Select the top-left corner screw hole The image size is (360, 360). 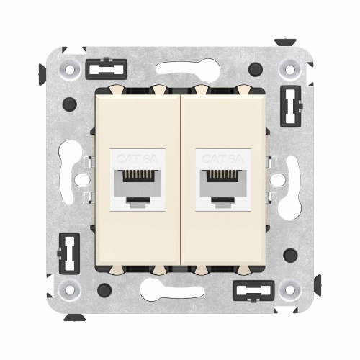[x=71, y=71]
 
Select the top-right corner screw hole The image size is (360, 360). [x=289, y=71]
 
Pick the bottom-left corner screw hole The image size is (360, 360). [x=71, y=289]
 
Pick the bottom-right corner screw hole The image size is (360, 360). [x=289, y=289]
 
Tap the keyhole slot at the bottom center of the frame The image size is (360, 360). [x=180, y=295]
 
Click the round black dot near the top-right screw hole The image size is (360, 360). [x=255, y=70]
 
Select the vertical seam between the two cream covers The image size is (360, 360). [x=180, y=180]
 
